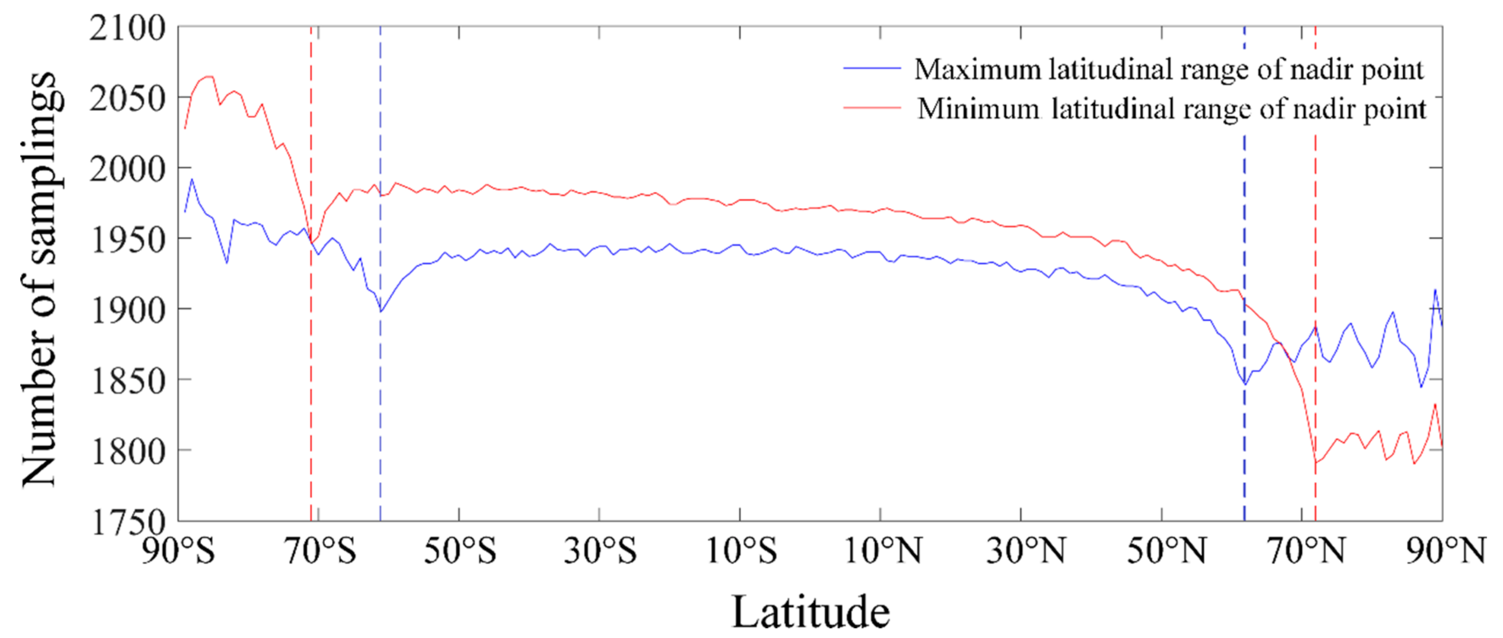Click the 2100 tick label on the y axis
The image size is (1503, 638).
127,28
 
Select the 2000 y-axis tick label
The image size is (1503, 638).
127,169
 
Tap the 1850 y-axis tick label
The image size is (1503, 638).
127,381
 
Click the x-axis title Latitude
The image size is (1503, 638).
810,612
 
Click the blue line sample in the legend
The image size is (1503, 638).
872,69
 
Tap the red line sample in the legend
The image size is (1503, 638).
872,108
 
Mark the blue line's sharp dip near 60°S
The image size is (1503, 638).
381,311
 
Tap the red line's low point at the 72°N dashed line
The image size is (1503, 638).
1315,463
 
